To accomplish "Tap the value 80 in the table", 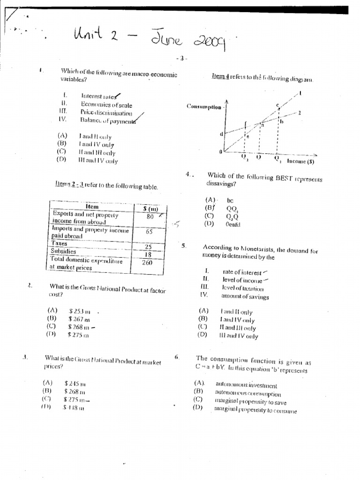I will click(x=150, y=217).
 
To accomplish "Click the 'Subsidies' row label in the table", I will click(x=63, y=251).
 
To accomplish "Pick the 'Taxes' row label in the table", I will click(x=60, y=244).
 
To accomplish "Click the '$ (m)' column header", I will click(x=150, y=209).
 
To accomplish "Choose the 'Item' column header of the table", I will click(x=92, y=207).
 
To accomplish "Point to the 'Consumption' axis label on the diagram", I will click(x=204, y=106).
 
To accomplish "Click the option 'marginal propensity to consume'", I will click(x=255, y=411).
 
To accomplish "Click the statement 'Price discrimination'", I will click(x=106, y=112).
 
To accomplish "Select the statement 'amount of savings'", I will click(x=245, y=297).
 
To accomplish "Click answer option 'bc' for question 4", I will click(x=230, y=200).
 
